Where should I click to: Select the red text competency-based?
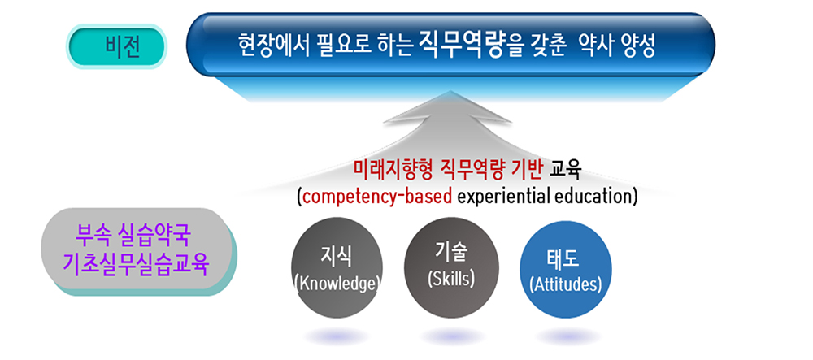(376, 196)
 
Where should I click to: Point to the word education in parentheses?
(593, 196)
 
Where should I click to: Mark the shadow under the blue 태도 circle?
(566, 336)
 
